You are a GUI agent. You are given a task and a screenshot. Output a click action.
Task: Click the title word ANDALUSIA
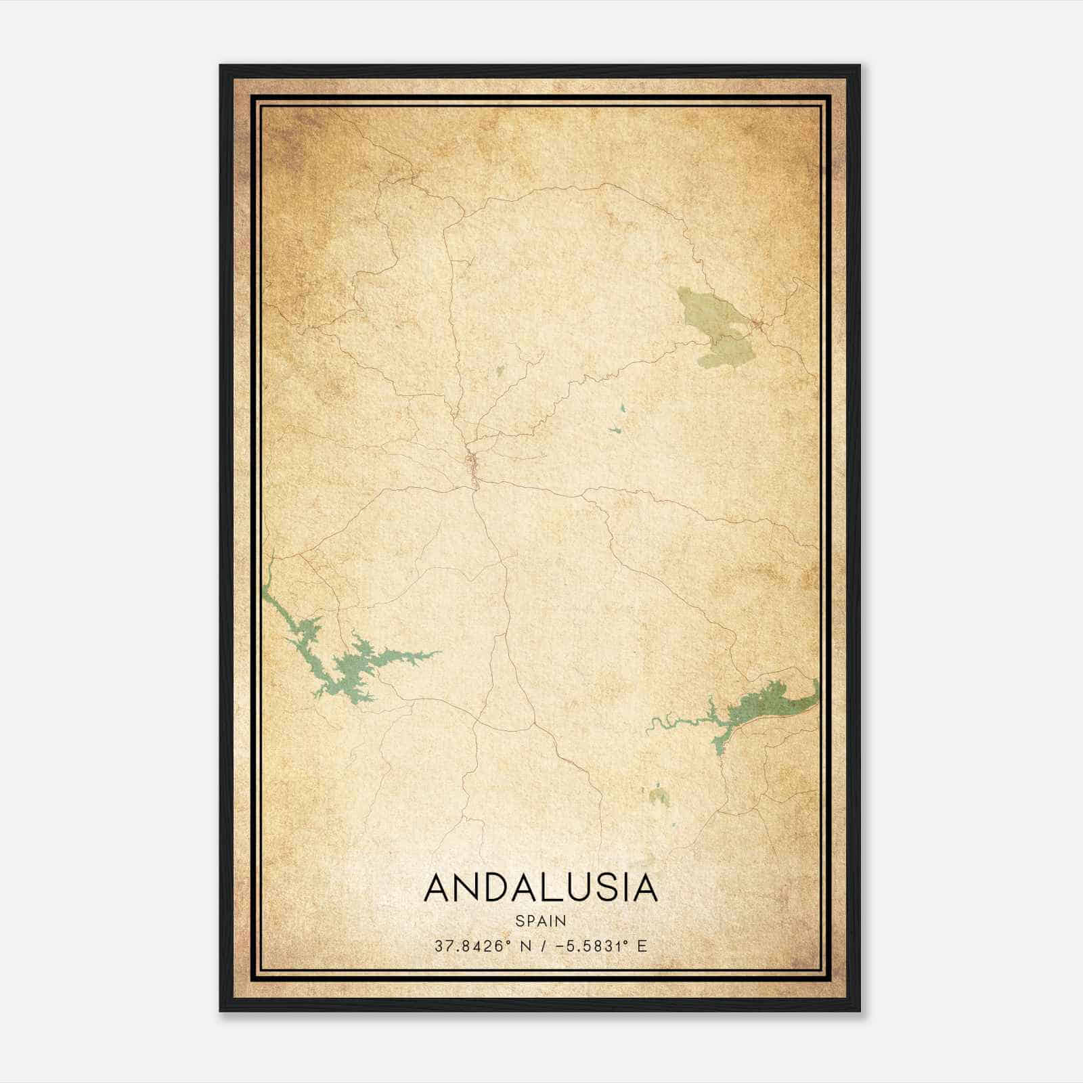pos(540,888)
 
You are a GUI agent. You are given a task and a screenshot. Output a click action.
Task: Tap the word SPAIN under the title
pos(540,921)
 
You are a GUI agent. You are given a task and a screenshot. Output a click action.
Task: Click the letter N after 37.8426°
pos(525,946)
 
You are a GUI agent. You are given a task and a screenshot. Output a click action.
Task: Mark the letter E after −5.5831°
pos(642,946)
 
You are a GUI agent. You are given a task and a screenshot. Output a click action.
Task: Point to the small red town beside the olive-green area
pos(757,325)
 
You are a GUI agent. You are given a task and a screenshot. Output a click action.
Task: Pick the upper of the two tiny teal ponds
pos(622,408)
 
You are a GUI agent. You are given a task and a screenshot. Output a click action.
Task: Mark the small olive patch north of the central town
pos(500,370)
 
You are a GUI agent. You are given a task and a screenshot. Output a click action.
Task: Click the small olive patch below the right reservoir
pos(658,795)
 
